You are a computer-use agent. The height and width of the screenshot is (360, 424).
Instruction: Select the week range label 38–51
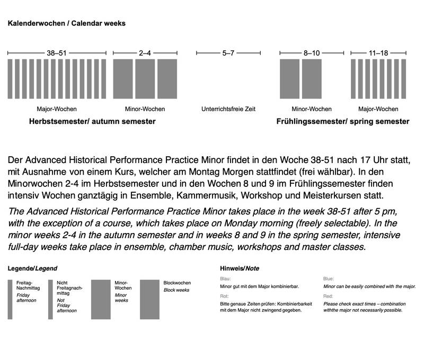[57, 53]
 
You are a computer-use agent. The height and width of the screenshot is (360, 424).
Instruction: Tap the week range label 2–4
[145, 53]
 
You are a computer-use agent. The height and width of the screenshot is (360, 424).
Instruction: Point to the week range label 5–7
[228, 53]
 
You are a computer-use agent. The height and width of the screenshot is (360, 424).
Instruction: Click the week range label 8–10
[312, 53]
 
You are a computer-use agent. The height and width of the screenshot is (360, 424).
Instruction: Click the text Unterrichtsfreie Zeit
[228, 109]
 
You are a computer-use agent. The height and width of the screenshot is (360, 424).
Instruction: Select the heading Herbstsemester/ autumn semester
[85, 122]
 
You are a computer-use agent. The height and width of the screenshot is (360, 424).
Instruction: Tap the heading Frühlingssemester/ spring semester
[343, 122]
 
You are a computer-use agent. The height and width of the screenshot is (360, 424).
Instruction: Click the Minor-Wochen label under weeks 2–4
[145, 109]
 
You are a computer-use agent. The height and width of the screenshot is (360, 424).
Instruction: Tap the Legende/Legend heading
[32, 269]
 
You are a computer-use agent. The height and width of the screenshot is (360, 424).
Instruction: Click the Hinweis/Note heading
[239, 269]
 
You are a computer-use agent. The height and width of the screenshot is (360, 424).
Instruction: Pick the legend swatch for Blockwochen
[150, 300]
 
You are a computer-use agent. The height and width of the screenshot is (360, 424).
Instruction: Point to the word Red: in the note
[329, 296]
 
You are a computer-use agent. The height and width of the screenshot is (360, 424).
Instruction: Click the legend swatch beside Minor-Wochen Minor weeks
[101, 300]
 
